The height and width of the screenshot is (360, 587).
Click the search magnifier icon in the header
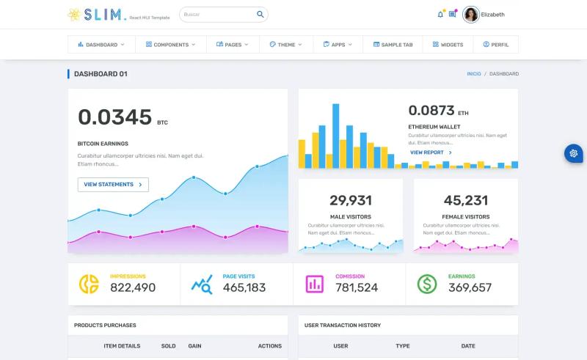(x=260, y=14)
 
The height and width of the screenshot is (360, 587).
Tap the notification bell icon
(x=440, y=15)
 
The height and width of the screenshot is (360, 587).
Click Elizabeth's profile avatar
(x=470, y=15)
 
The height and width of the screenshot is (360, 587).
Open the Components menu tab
(x=171, y=45)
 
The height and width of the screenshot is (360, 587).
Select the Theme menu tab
(x=286, y=45)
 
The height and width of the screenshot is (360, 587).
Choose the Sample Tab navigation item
(x=393, y=45)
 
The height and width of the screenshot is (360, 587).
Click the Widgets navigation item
(x=448, y=45)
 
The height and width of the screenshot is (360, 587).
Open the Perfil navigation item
(x=496, y=45)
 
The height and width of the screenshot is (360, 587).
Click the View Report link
(x=431, y=153)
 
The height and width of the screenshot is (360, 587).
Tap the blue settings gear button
(x=574, y=153)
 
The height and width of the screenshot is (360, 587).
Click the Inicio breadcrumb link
(x=473, y=74)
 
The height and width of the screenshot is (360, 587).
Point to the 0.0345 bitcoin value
(x=115, y=117)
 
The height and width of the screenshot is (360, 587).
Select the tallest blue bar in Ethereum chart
(x=336, y=136)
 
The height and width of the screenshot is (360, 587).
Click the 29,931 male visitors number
(x=351, y=200)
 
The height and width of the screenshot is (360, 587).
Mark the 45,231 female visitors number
(x=466, y=200)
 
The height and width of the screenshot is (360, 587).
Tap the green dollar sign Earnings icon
(x=427, y=284)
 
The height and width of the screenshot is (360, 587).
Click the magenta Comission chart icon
(x=315, y=284)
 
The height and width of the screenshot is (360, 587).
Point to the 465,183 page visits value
(x=244, y=287)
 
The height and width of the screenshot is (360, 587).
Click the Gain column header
(x=194, y=346)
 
